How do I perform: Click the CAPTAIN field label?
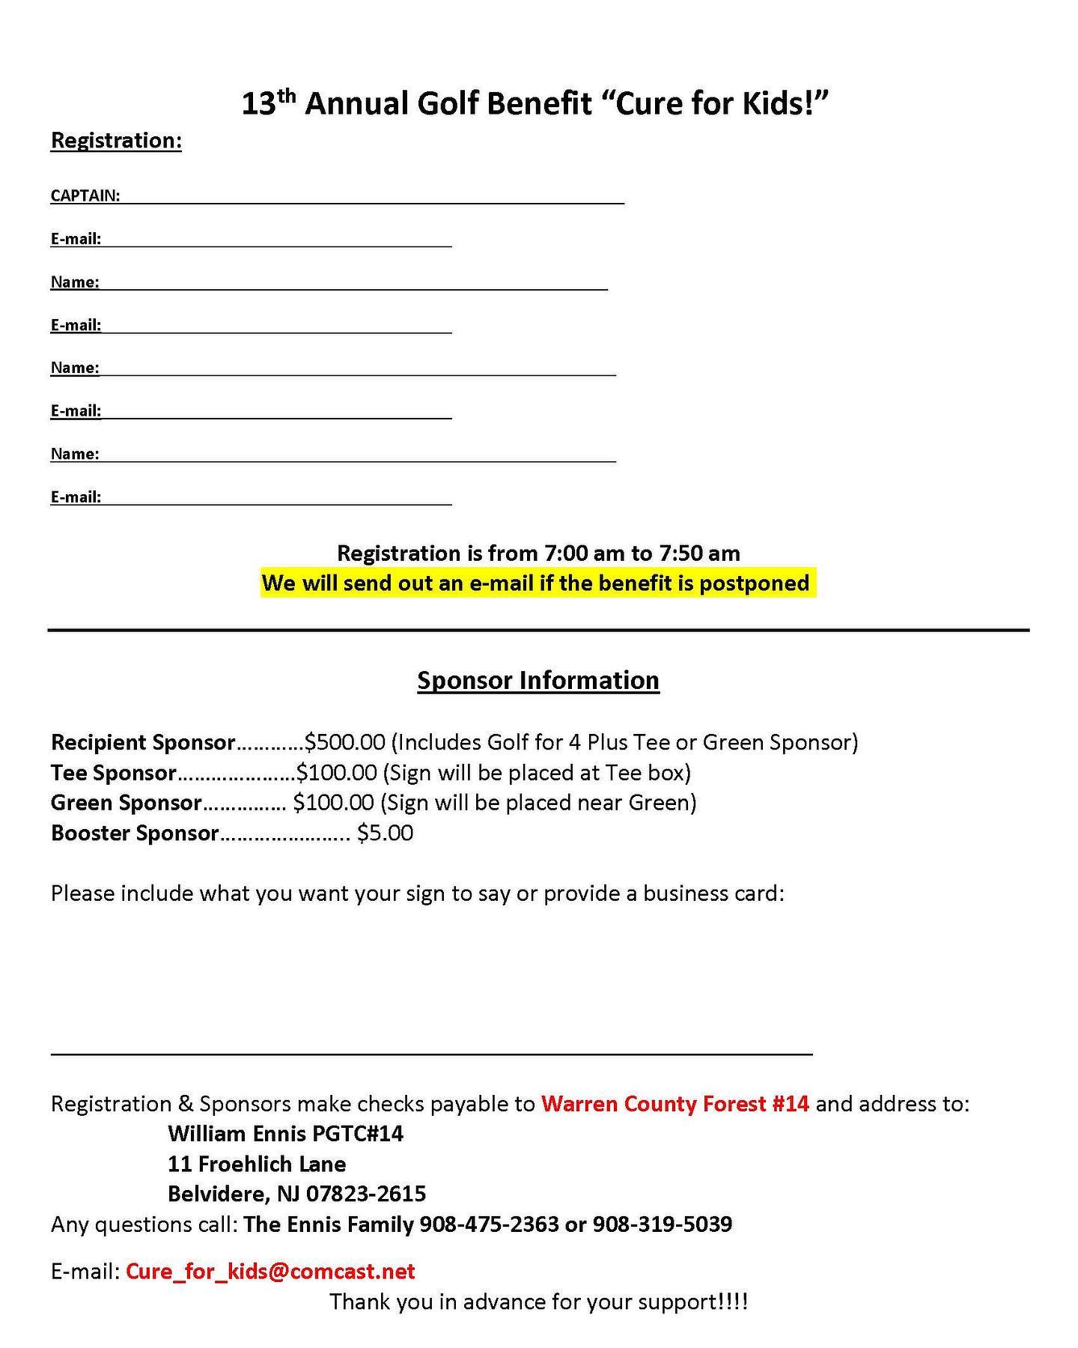tap(85, 195)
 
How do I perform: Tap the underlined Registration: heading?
tap(116, 141)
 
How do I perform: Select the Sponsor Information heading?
tap(538, 680)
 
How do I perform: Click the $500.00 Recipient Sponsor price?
tap(344, 742)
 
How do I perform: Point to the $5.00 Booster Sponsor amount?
tap(385, 833)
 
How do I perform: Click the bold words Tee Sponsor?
tap(113, 772)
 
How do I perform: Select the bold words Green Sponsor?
tap(126, 803)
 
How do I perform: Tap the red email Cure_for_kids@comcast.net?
tap(270, 1271)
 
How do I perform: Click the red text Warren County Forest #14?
tap(674, 1104)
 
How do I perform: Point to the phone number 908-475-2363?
tap(489, 1224)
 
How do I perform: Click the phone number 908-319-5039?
tap(662, 1224)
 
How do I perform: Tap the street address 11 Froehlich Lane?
tap(257, 1164)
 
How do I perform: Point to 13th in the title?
tap(269, 103)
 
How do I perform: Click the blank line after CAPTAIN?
tap(372, 201)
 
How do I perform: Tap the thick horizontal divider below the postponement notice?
tap(538, 631)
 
